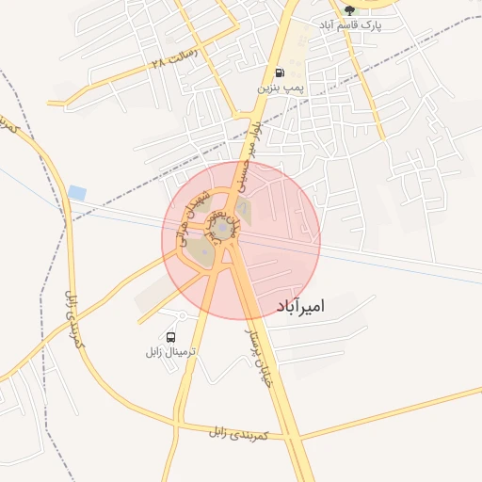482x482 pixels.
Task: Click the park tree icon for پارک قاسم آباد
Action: [349, 10]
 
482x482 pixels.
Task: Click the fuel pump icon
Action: [280, 73]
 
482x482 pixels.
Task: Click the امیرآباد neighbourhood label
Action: [302, 306]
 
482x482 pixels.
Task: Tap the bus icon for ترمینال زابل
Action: [170, 337]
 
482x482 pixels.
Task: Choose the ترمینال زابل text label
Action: [170, 351]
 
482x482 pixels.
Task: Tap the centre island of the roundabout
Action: [222, 230]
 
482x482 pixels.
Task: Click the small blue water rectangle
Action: [77, 192]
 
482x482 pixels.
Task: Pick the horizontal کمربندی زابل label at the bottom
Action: [239, 433]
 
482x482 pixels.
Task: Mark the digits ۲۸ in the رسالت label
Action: [158, 64]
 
